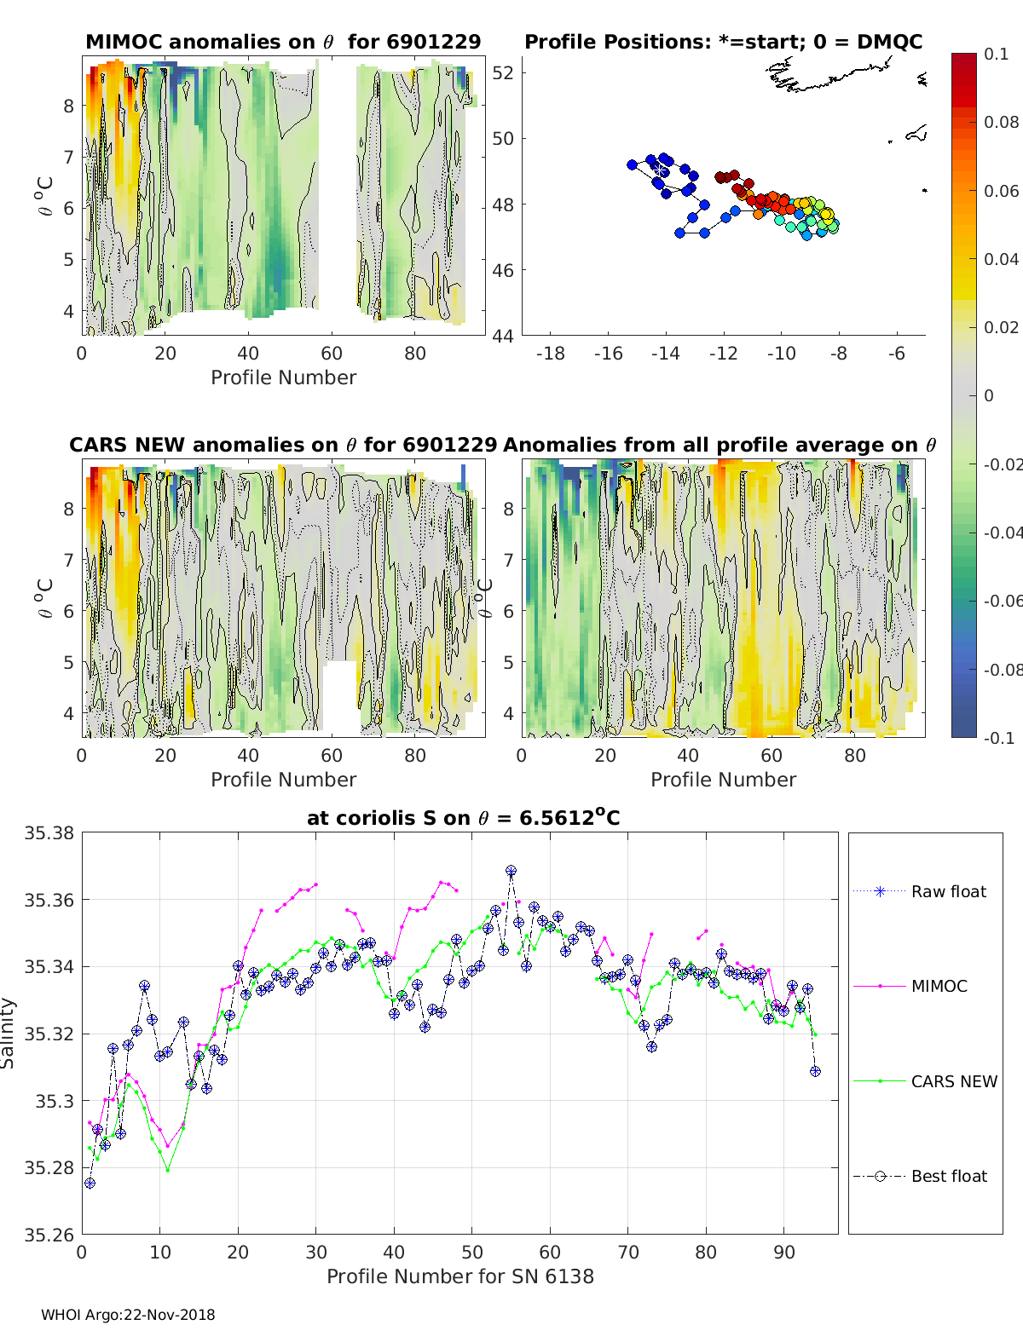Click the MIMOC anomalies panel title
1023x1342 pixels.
tap(283, 42)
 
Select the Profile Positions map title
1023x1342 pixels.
tap(723, 42)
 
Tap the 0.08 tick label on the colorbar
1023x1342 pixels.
tap(1001, 122)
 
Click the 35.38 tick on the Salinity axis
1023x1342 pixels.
tap(49, 833)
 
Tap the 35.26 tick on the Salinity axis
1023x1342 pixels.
tap(49, 1234)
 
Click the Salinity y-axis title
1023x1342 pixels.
tap(9, 1033)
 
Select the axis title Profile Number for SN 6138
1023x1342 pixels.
tap(460, 1276)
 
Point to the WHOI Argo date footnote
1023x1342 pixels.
tap(128, 1315)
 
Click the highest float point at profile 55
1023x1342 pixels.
tap(511, 871)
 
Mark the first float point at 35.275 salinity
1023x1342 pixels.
tap(90, 1183)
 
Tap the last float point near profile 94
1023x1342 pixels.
tap(815, 1071)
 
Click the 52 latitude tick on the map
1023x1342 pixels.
tap(503, 72)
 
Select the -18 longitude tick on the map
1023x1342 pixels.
tap(551, 354)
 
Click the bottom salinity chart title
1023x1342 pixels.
tap(463, 818)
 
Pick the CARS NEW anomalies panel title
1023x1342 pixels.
tap(283, 445)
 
